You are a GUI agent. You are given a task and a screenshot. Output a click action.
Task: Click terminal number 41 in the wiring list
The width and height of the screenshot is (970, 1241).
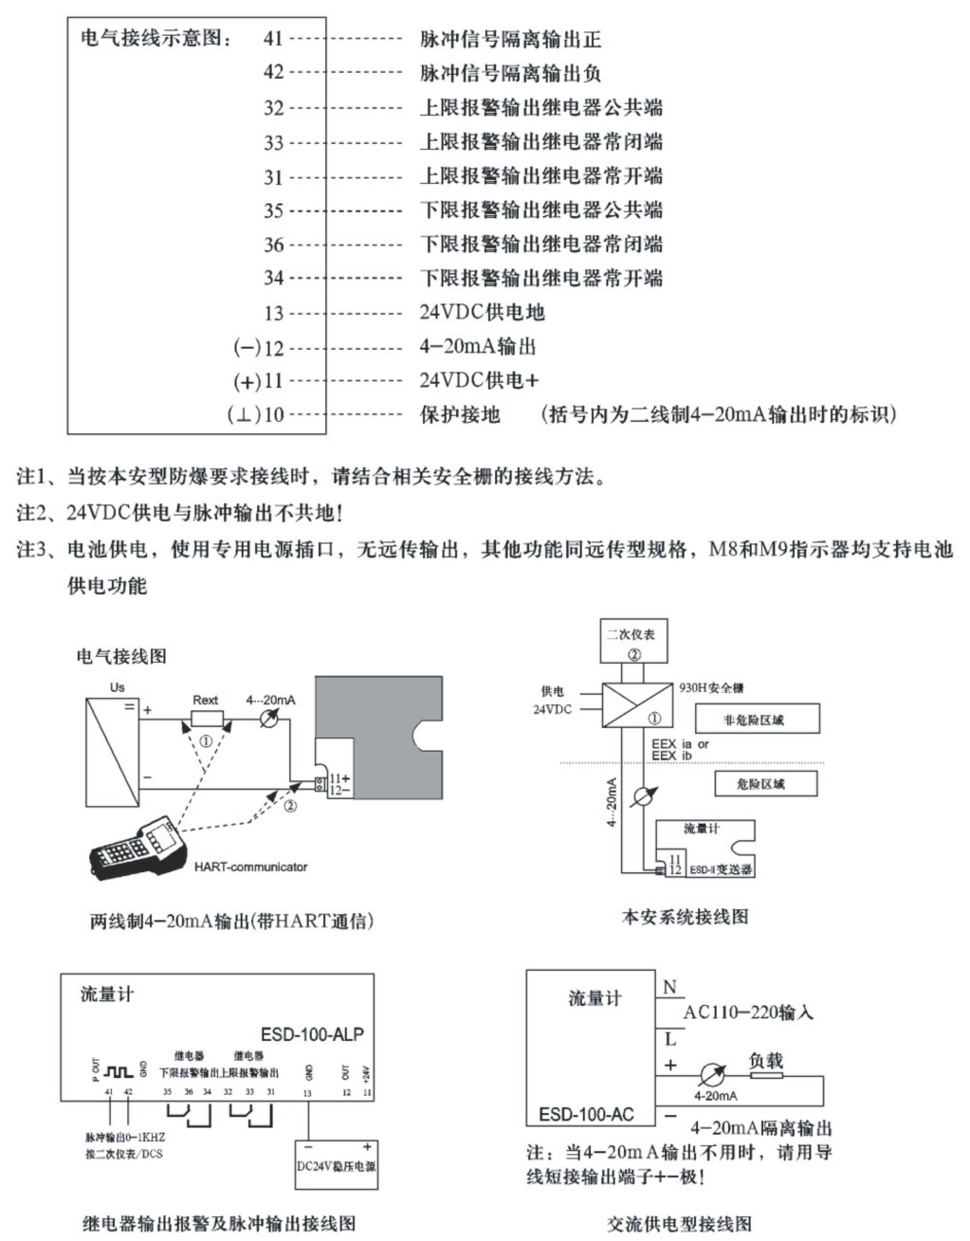pos(273,39)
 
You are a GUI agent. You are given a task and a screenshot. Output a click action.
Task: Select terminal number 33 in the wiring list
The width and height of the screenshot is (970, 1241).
pos(273,142)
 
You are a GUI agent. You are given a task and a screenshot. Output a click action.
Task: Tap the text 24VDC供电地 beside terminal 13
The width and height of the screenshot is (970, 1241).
pos(482,312)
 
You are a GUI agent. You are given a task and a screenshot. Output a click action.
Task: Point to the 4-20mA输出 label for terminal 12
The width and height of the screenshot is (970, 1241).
pos(477,346)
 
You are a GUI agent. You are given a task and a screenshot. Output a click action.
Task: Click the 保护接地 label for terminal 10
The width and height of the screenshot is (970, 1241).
pos(460,414)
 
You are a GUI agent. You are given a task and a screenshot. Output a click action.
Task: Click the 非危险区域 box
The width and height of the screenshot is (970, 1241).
pos(754,720)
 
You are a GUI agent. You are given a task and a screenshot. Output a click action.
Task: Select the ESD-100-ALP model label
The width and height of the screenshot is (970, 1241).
pos(311,1034)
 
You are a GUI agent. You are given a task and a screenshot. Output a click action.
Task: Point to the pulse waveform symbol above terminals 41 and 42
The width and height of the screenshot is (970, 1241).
pos(119,1071)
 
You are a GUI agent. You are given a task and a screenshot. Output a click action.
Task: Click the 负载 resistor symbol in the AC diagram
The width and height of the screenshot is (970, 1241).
pos(766,1076)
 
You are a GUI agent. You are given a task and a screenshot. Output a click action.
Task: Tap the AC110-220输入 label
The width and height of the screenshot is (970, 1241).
pos(748,1013)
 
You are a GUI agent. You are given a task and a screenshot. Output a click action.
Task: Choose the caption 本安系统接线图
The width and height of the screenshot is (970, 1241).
pos(685,917)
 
